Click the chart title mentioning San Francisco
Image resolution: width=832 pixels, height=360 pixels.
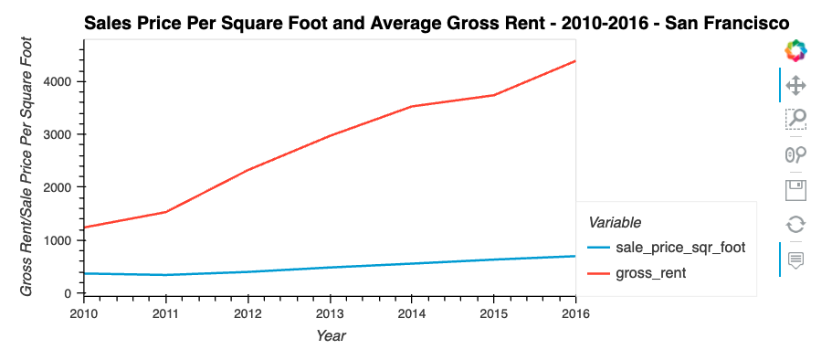pos(437,22)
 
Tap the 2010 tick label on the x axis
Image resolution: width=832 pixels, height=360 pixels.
pos(83,313)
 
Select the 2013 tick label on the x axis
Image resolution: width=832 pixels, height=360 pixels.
pos(330,313)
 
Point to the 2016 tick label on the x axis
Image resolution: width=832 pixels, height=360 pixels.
pos(575,313)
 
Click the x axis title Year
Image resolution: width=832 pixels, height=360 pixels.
pos(330,336)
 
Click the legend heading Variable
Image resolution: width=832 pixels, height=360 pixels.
pos(614,222)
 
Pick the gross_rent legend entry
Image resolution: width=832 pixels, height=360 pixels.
pos(651,272)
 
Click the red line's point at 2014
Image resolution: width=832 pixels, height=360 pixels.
pos(412,107)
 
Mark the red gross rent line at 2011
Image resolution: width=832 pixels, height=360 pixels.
pos(165,212)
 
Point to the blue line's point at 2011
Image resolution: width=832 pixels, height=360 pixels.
pos(165,275)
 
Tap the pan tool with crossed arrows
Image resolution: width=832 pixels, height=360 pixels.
pos(795,85)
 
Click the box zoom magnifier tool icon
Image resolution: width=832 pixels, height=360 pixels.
pos(795,119)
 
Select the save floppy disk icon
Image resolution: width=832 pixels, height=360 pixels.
pos(795,189)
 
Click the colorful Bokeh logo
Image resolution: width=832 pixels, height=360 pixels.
pos(795,51)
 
